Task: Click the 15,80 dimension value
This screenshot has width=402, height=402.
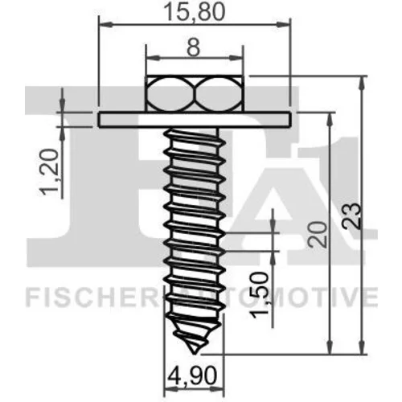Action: pos(194,12)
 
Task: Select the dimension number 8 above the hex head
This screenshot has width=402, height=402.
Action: pos(194,47)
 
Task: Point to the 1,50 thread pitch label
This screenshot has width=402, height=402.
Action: pos(259,295)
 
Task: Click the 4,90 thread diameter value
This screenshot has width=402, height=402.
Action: pos(191,376)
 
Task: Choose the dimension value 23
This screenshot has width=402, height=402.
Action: pos(351,216)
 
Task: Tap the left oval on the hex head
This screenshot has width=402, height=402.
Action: pos(170,94)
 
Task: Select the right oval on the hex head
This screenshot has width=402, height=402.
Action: pos(219,94)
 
